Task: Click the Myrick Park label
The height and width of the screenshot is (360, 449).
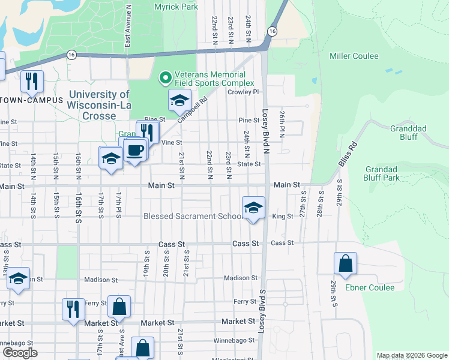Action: pos(176,7)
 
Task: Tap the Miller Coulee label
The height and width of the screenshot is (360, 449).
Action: pos(354,56)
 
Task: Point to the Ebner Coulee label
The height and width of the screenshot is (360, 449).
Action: pos(370,287)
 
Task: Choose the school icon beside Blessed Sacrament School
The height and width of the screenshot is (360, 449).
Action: pos(253,208)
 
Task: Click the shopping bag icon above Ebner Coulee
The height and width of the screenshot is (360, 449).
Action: pos(346,263)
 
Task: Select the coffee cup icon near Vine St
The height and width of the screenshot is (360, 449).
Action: pos(136,150)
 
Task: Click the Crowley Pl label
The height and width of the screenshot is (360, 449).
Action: pos(243,92)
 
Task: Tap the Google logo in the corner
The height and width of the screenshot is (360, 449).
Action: pos(19,353)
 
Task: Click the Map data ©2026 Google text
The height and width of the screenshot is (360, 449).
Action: pos(411,355)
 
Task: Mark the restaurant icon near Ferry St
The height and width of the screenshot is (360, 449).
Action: pos(73,309)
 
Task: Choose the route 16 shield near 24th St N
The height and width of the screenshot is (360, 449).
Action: pos(273,31)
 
